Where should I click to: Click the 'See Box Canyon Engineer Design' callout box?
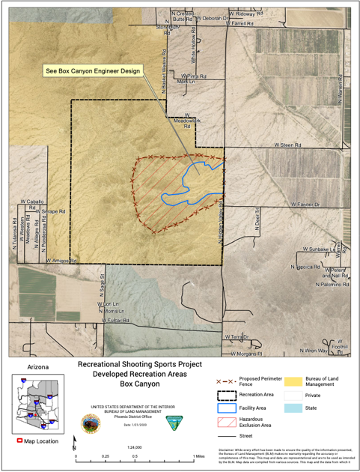pyautogui.click(x=92, y=73)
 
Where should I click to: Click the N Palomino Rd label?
pyautogui.click(x=333, y=285)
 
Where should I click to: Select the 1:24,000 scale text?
pyautogui.click(x=135, y=447)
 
